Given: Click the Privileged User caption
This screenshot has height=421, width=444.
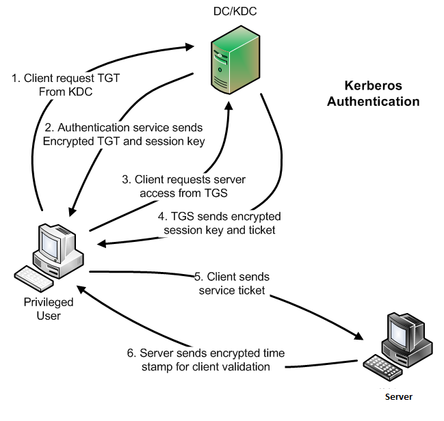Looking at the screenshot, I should (49, 309).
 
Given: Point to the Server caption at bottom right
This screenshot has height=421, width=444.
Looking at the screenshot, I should (398, 396).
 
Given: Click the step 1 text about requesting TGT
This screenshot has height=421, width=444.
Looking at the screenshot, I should (66, 85).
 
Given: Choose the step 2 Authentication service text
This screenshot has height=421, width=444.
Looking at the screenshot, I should (124, 134).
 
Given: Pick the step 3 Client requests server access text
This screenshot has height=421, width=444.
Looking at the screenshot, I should (183, 186).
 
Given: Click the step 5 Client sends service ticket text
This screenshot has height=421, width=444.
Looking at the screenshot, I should (232, 283).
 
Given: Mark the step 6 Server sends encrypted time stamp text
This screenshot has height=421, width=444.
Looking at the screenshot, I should (205, 359).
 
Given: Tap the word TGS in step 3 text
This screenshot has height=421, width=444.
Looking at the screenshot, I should (216, 193).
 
